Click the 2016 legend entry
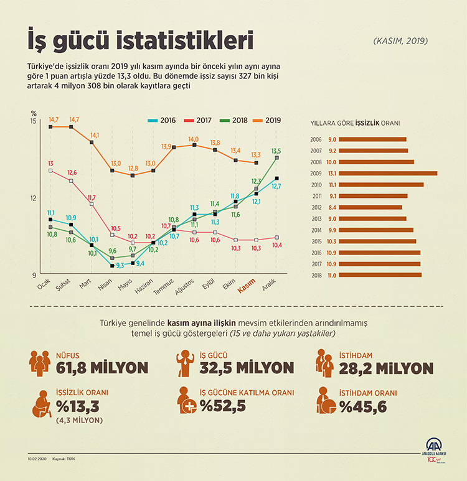161,120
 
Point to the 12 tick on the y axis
34,198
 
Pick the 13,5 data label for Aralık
276,151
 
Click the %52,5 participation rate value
223,407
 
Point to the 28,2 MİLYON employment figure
386,368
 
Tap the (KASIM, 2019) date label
401,41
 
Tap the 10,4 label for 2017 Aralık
277,245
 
